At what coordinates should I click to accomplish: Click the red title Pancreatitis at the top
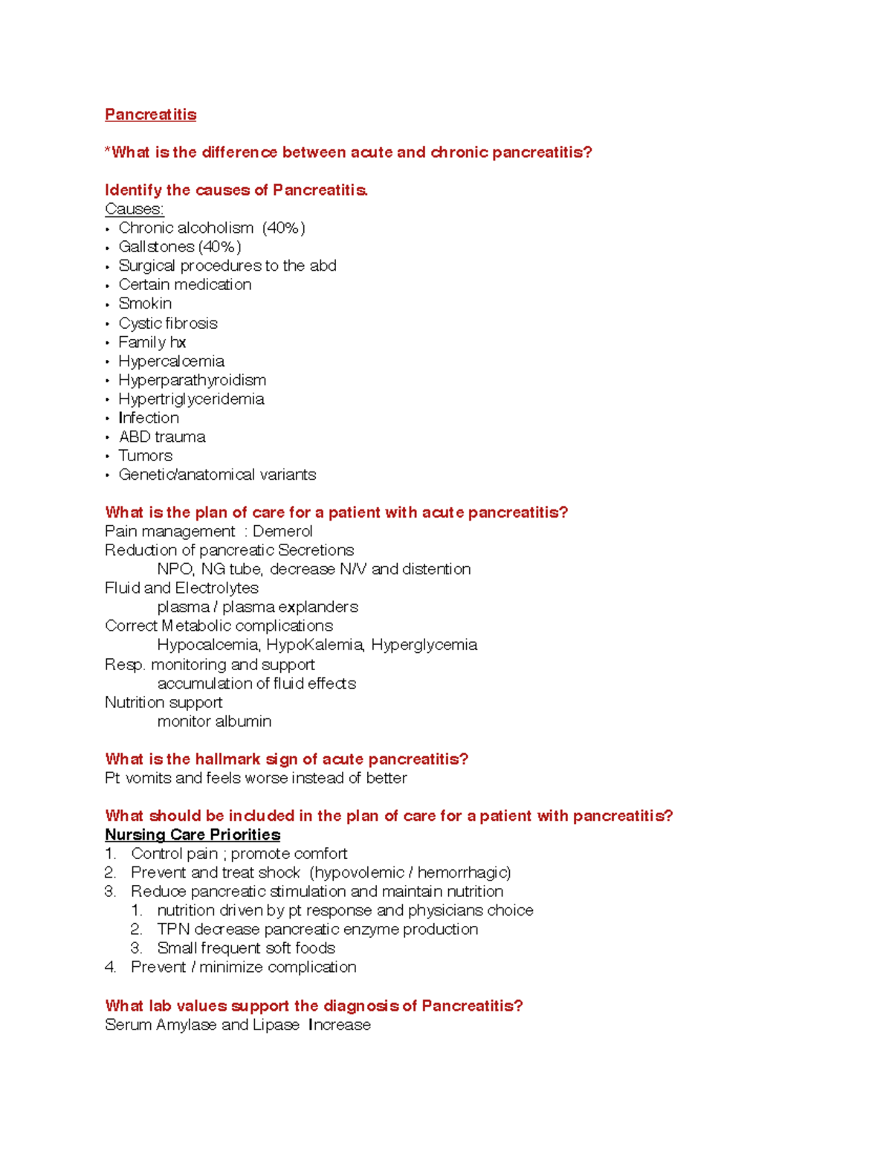tap(150, 115)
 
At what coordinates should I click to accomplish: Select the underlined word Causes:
tap(134, 209)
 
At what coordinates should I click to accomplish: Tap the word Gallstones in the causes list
tap(156, 247)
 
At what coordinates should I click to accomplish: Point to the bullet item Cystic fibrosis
tap(168, 324)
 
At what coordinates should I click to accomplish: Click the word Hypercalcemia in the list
tap(171, 361)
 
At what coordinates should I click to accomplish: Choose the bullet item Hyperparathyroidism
tap(192, 380)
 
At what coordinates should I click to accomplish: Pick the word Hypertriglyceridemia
tap(191, 399)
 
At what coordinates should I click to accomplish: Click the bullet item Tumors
tap(145, 456)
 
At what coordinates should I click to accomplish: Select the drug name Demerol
tap(282, 532)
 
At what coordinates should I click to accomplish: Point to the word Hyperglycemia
tap(424, 645)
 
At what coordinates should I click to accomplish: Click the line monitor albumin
tap(214, 721)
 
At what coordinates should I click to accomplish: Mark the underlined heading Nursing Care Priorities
tap(193, 835)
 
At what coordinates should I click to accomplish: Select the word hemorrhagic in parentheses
tap(464, 872)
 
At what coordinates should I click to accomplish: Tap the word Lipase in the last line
tap(276, 1025)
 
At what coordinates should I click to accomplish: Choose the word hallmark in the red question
tap(227, 759)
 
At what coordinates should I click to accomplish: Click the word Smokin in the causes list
tap(145, 303)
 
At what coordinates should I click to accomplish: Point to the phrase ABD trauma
tap(162, 437)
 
